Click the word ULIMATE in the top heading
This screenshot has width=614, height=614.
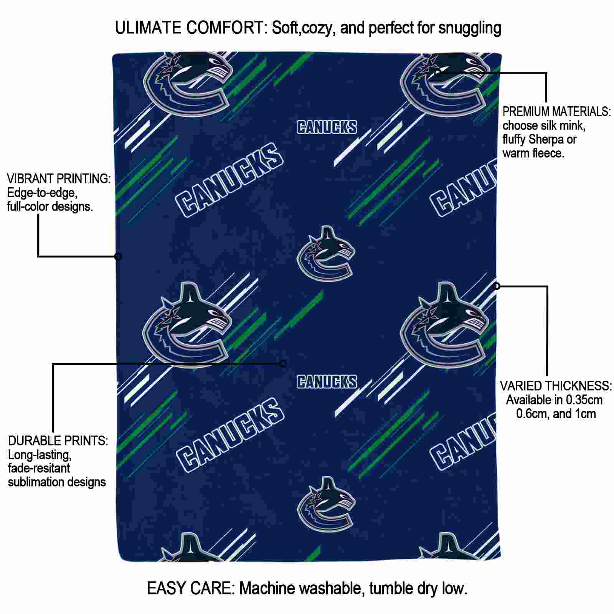(148, 28)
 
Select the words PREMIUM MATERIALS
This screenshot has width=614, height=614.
(556, 112)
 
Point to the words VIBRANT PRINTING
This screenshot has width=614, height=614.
(59, 179)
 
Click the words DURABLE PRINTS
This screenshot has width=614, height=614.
(58, 441)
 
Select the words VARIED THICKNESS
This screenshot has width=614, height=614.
(556, 386)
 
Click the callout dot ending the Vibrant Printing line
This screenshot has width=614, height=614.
(118, 256)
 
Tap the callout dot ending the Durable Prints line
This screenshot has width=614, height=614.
(283, 364)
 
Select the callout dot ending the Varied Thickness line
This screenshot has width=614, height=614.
(497, 286)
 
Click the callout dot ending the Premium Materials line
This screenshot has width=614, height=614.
(438, 72)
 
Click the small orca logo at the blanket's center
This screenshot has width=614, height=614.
(326, 253)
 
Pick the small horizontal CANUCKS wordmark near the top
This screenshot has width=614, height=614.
(327, 127)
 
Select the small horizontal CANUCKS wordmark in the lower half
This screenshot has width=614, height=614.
(327, 381)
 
